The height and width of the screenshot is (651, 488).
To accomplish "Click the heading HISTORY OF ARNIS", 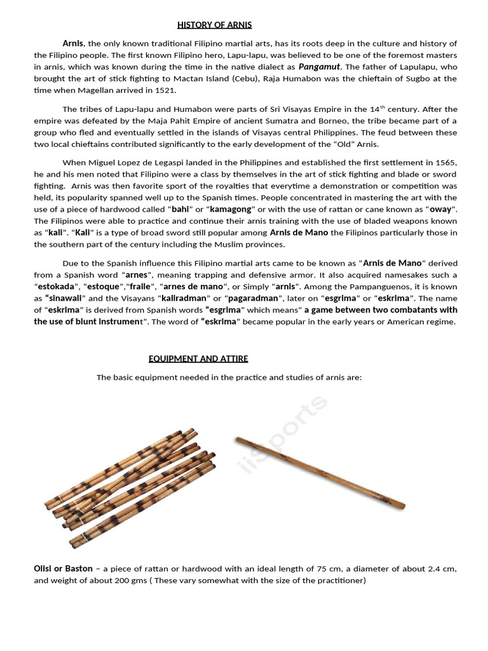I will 214,25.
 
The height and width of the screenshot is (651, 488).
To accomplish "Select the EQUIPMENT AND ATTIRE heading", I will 198,359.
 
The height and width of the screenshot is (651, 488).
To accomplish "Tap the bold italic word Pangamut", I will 320,66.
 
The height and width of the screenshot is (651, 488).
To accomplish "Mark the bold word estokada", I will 58,286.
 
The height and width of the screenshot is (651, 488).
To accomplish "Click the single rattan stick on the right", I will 320,472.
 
